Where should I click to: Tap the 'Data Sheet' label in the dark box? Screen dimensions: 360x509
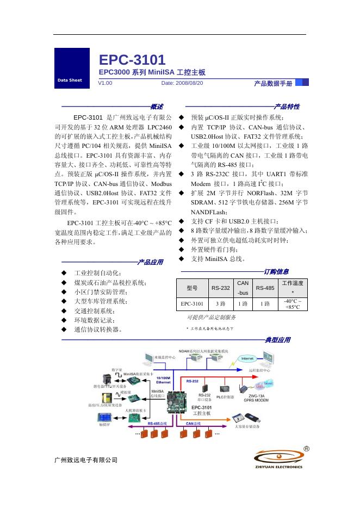click(69, 80)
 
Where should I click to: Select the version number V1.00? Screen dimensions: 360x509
click(105, 83)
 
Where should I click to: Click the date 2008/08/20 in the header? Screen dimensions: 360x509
click(182, 83)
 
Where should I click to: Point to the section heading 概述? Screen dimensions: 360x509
click(157, 107)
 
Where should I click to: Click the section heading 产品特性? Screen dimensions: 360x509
click(287, 107)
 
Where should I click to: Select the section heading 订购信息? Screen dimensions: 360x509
click(276, 271)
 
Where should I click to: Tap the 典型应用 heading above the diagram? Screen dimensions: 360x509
click(277, 340)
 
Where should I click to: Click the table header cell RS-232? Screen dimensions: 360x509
click(221, 288)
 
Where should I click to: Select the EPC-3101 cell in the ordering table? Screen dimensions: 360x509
click(192, 304)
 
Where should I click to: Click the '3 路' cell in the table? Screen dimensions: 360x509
click(221, 304)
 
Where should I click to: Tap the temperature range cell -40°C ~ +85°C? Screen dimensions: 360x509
click(293, 304)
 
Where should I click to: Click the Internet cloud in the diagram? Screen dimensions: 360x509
click(247, 359)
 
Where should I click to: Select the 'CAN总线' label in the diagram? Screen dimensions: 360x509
click(194, 423)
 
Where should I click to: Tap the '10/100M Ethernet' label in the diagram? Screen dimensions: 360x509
click(163, 380)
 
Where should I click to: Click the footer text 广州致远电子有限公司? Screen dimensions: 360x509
click(86, 461)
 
